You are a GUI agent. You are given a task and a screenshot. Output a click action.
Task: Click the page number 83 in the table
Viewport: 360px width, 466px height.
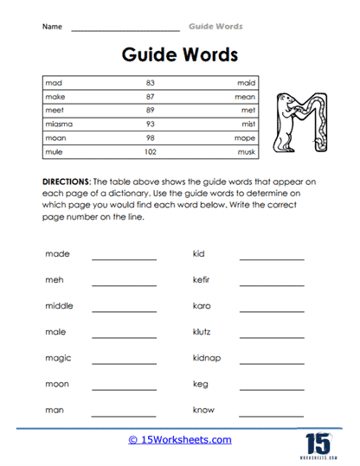click(150, 83)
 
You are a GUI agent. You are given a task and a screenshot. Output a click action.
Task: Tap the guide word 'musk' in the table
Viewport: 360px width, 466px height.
click(247, 152)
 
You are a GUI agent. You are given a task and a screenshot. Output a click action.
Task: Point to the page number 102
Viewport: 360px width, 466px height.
click(150, 152)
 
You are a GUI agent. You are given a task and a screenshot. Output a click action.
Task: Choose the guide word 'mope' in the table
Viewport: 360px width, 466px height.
click(246, 138)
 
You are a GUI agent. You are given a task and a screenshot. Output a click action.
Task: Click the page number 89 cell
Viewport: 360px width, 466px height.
click(150, 111)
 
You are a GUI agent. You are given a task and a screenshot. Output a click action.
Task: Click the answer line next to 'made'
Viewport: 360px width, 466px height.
click(124, 259)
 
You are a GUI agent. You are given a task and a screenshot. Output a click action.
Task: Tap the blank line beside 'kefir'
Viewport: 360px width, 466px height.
click(271, 284)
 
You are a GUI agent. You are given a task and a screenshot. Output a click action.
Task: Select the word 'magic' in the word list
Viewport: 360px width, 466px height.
click(58, 358)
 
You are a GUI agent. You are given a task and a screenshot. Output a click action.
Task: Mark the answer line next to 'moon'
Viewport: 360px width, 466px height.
click(124, 388)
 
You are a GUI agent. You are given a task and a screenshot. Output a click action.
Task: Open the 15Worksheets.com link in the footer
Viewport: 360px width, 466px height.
click(179, 440)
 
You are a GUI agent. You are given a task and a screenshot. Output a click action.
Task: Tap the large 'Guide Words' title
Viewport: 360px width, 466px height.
click(179, 55)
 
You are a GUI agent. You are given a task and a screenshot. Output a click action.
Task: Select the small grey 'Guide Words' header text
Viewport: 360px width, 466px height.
click(215, 26)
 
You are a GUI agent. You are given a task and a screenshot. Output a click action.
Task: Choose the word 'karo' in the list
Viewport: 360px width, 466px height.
click(202, 306)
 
